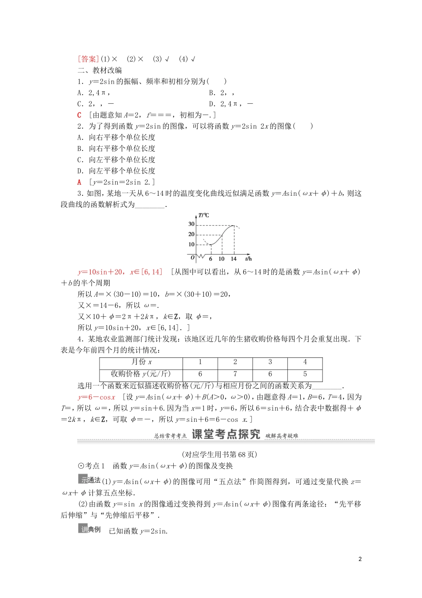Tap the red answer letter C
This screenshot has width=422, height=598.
click(x=80, y=115)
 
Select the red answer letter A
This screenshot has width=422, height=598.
click(x=80, y=182)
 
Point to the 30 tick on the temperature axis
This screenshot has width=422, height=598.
click(x=191, y=224)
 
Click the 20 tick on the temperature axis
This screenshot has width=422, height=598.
click(x=191, y=234)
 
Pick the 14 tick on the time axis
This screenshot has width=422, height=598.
click(x=234, y=259)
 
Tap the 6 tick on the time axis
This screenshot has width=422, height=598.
click(x=211, y=259)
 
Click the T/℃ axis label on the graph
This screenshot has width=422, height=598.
click(x=203, y=215)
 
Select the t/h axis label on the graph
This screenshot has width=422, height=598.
click(x=248, y=259)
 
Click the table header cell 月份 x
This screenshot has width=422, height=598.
click(x=141, y=362)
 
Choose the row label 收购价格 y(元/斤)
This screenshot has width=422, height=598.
click(x=141, y=374)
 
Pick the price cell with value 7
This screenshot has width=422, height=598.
click(x=235, y=374)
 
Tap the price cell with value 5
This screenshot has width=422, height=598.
click(x=305, y=374)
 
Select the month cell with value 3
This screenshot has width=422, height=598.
click(x=270, y=362)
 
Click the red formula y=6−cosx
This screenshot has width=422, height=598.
click(x=96, y=397)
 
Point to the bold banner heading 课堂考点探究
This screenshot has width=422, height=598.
click(x=226, y=435)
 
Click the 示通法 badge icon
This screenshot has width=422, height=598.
click(x=89, y=480)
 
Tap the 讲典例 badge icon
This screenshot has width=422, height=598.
click(x=89, y=529)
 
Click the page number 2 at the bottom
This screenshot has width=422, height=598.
click(x=360, y=559)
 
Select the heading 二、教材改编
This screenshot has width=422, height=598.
click(x=100, y=70)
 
